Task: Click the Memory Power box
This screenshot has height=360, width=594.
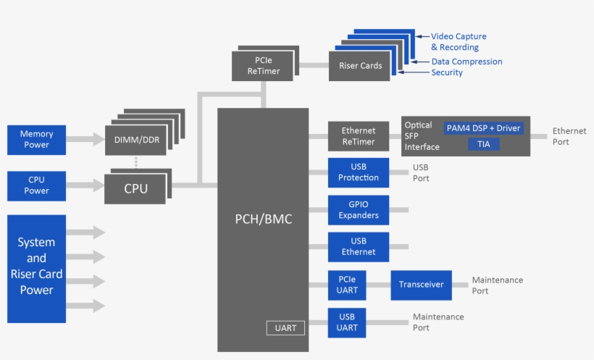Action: (36, 140)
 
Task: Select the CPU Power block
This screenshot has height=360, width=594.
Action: (36, 186)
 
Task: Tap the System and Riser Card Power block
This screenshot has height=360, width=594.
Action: (36, 268)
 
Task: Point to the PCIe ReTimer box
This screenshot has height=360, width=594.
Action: (263, 66)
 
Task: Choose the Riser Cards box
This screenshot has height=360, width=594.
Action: (360, 66)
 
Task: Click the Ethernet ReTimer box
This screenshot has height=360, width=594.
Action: (358, 136)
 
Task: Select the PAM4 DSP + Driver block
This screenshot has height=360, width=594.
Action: (484, 128)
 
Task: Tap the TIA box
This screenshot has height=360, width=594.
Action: (483, 145)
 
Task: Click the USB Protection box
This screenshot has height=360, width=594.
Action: (358, 172)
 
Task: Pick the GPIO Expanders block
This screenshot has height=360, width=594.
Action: (358, 210)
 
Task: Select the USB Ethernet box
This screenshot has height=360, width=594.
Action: (358, 247)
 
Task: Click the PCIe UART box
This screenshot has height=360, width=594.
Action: (347, 285)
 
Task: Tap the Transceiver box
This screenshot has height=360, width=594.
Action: (421, 285)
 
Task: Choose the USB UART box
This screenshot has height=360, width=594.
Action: (347, 322)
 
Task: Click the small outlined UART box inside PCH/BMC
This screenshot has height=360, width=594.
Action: (285, 328)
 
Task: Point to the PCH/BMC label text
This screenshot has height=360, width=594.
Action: (263, 219)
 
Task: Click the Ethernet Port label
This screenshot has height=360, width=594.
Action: (569, 136)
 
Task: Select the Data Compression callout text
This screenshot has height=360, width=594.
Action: (467, 62)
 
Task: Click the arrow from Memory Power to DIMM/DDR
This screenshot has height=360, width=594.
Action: (85, 140)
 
